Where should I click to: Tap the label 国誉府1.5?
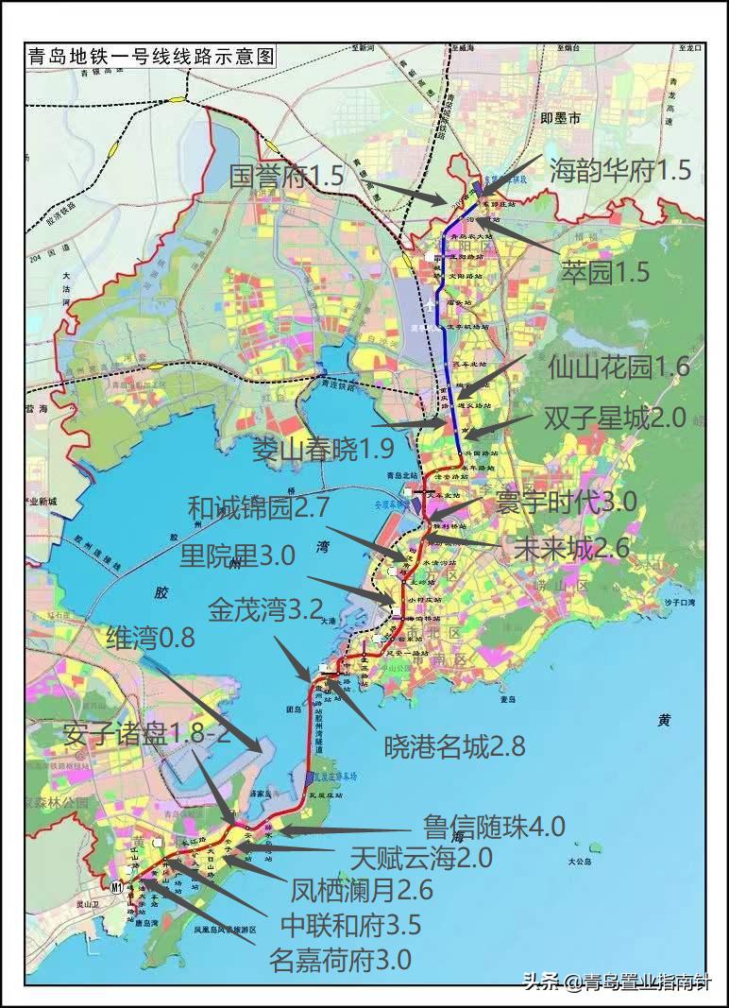(287, 175)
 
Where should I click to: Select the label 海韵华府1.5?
(621, 170)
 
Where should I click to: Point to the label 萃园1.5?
(604, 272)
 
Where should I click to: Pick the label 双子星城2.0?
(615, 418)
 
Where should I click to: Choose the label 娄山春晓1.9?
(323, 450)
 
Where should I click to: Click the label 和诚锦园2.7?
(258, 507)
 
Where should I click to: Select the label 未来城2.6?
(571, 546)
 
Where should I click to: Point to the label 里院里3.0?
(237, 554)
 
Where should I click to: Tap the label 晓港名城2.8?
(453, 747)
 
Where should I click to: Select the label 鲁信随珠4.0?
(494, 826)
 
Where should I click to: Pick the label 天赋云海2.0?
(421, 858)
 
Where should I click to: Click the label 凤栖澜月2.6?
(362, 890)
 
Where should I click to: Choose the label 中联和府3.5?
(350, 924)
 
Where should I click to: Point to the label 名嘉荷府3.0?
(340, 960)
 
